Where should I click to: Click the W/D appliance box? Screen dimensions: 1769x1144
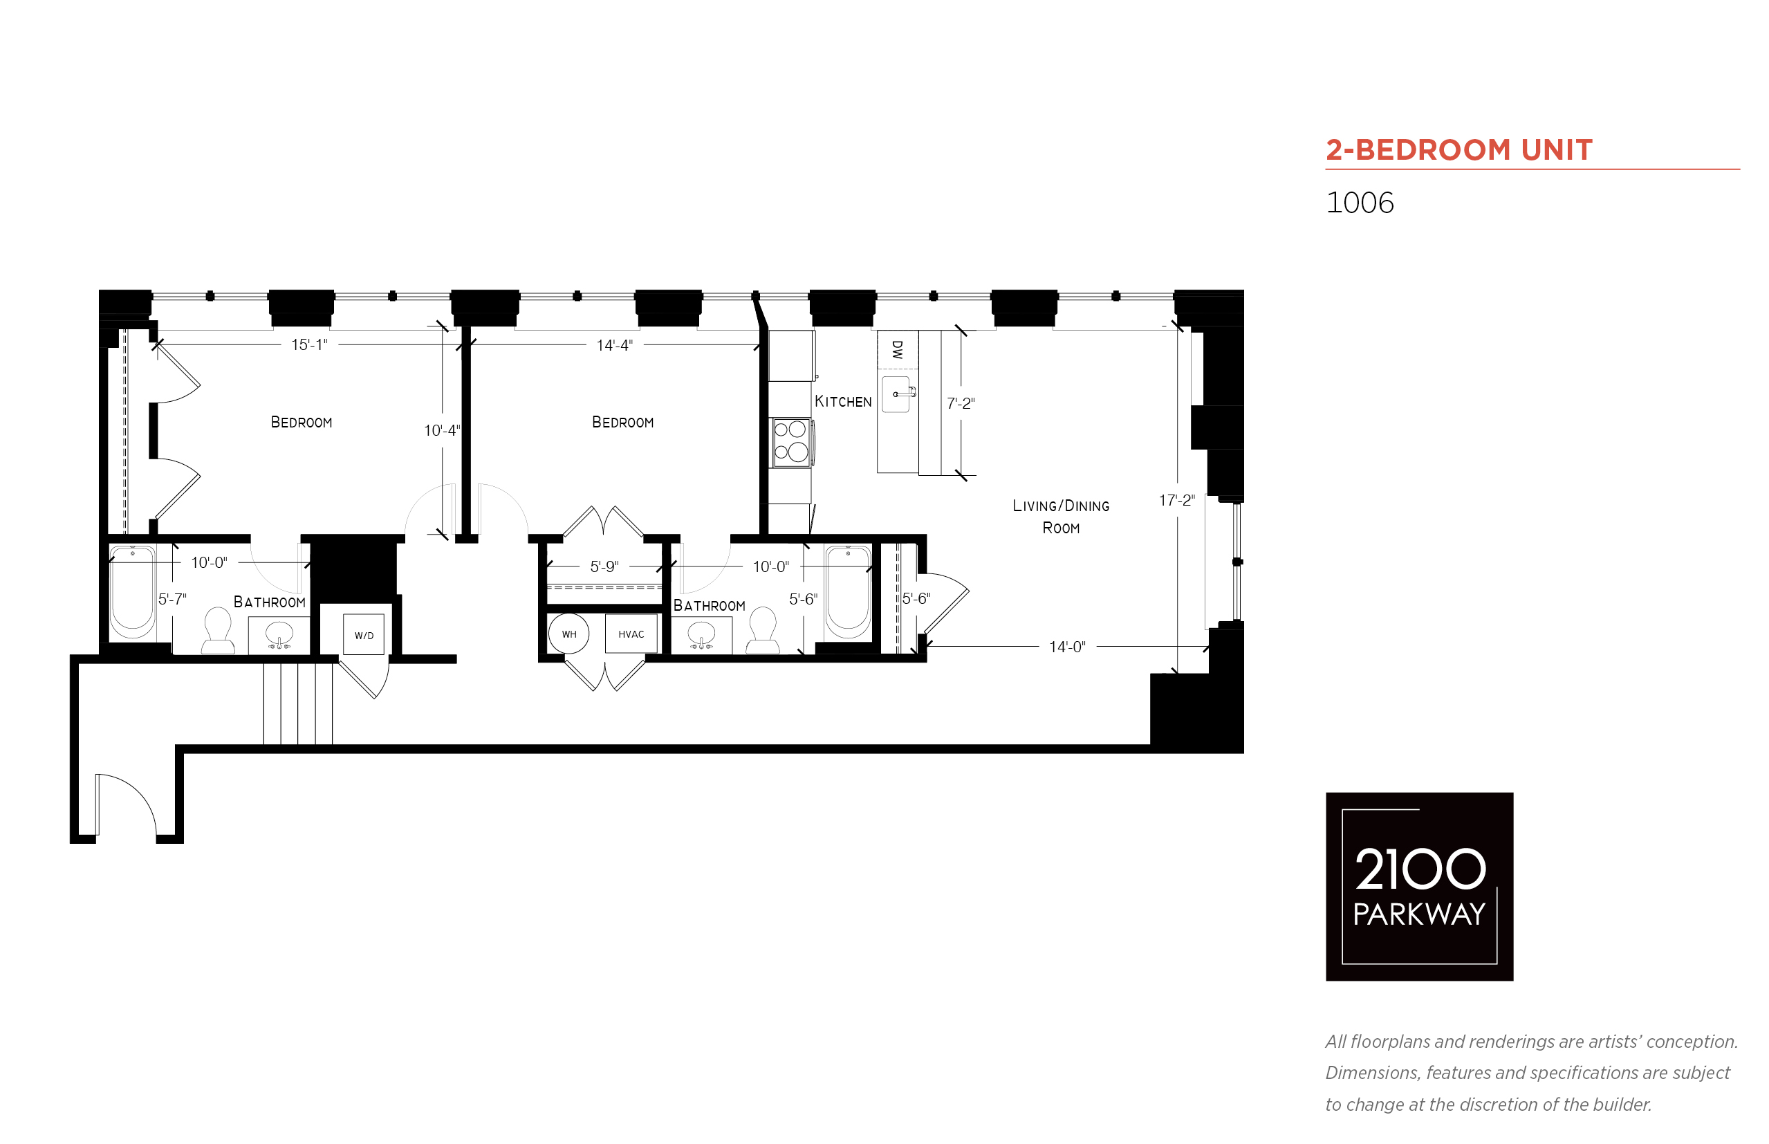click(363, 634)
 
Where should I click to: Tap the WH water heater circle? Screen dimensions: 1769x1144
click(568, 634)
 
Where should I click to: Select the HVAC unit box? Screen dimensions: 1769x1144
click(631, 633)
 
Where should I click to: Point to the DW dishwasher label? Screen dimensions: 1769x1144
click(897, 350)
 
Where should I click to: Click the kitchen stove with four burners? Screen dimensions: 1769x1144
click(790, 442)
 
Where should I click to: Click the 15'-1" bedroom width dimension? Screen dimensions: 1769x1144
click(309, 344)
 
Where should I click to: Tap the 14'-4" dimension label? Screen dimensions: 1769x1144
click(614, 344)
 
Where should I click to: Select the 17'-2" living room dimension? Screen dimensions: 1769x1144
click(1176, 501)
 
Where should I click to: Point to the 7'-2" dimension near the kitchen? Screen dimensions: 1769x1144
click(961, 403)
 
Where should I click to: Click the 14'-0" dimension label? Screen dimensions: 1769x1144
click(1066, 647)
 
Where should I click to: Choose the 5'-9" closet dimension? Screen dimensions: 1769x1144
click(604, 566)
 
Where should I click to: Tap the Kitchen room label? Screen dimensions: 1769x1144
click(843, 401)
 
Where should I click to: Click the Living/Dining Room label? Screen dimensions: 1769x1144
click(1061, 516)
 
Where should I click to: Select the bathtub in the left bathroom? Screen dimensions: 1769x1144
click(132, 592)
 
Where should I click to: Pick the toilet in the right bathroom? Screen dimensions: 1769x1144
click(763, 630)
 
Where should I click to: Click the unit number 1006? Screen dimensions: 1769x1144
click(1359, 203)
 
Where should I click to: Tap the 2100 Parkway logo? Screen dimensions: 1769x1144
click(1419, 886)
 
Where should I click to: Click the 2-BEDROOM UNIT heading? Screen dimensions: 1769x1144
click(1458, 150)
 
